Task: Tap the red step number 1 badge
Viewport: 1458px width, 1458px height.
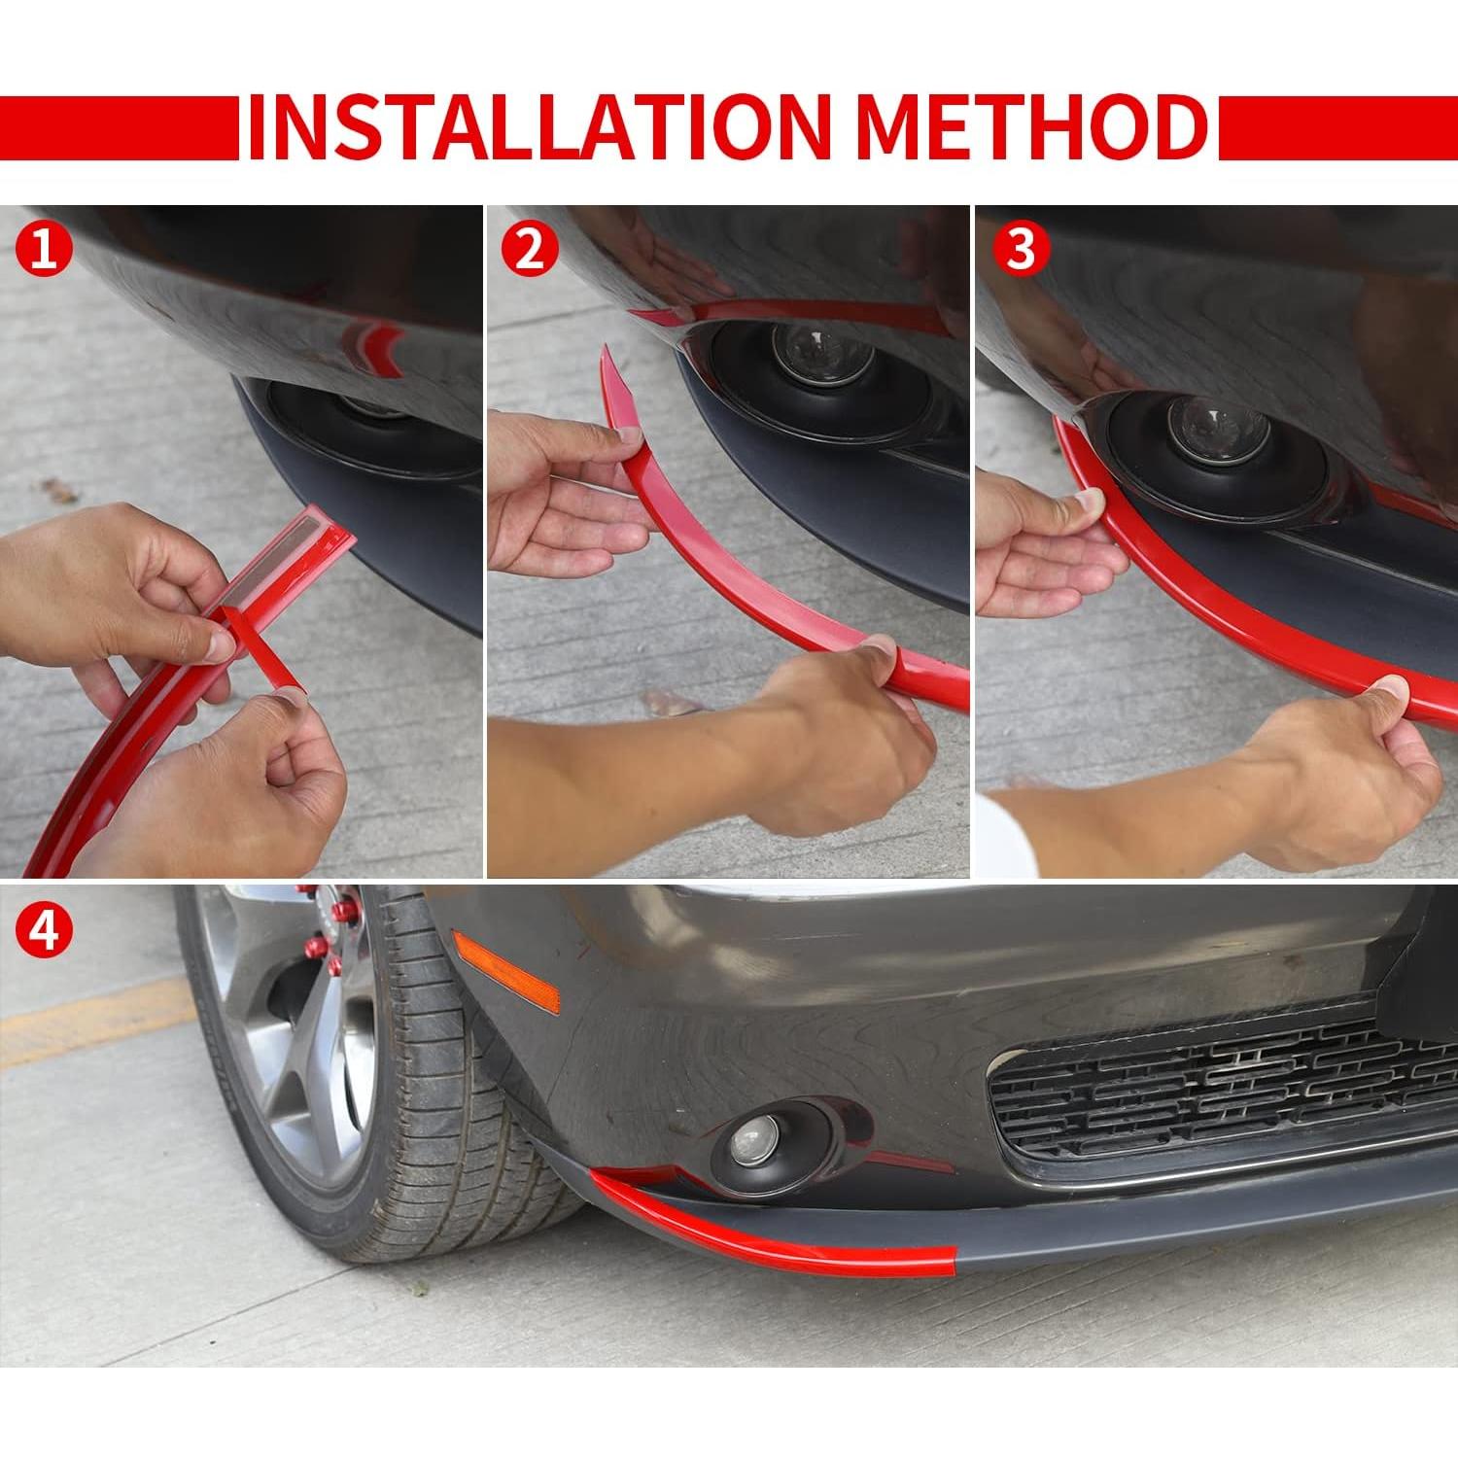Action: [x=44, y=251]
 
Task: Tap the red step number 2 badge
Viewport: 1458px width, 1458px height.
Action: [x=530, y=251]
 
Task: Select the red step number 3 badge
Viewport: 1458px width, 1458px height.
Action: [x=1021, y=251]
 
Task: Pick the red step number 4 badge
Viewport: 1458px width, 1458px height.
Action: [x=44, y=930]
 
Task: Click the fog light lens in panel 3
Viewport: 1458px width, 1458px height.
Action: [x=1205, y=429]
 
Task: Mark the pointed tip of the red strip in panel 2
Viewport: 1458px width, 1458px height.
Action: [x=605, y=347]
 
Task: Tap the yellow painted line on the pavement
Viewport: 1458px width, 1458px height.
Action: [x=87, y=1021]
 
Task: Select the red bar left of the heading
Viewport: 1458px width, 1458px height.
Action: [x=119, y=127]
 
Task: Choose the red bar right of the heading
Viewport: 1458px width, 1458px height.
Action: [x=1337, y=127]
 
